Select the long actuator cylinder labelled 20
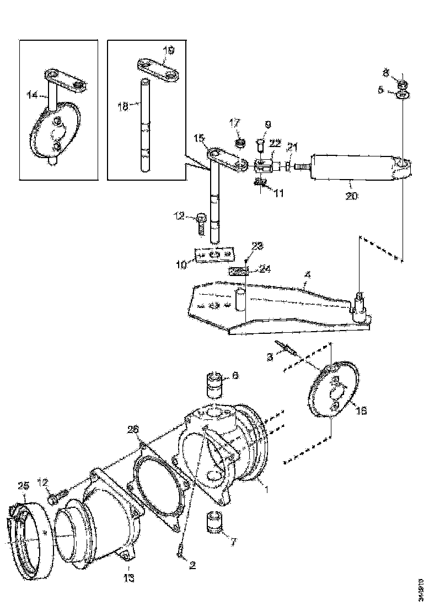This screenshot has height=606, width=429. click(353, 165)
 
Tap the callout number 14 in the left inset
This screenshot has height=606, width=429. click(31, 95)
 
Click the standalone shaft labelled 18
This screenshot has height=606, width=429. click(144, 127)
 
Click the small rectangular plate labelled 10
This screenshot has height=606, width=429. click(214, 257)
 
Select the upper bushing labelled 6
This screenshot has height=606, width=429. click(215, 385)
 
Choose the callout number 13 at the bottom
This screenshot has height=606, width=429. click(129, 578)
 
